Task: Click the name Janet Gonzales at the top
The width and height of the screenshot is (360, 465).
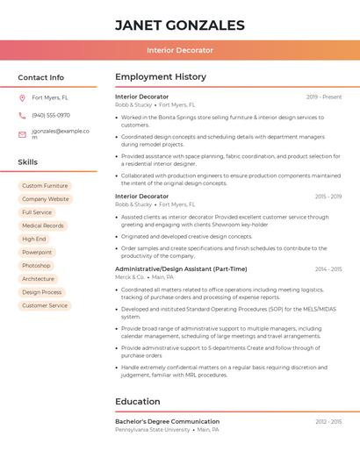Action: point(179,25)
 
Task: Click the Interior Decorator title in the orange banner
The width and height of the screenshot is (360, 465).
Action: point(179,50)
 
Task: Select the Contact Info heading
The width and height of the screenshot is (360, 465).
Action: point(40,77)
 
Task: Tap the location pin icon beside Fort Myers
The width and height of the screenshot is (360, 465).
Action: point(22,98)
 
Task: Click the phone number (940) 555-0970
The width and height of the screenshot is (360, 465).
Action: point(51,115)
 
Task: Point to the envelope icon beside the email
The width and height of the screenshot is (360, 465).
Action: point(22,133)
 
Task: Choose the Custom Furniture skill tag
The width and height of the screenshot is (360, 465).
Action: point(45,186)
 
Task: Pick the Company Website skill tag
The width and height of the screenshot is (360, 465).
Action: point(46,199)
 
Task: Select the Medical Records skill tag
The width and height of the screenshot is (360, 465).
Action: point(42,225)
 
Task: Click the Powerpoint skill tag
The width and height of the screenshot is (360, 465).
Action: point(37,252)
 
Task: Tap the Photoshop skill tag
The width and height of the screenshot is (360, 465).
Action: point(36,265)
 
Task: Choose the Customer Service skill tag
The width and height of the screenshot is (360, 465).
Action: point(45,305)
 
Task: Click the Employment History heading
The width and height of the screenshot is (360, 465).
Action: point(161,77)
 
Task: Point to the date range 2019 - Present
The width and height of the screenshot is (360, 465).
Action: point(324,97)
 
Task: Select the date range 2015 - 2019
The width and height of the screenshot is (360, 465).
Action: point(328,197)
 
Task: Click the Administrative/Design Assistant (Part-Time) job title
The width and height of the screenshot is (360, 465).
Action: point(181,268)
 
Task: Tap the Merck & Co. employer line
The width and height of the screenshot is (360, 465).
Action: point(129,276)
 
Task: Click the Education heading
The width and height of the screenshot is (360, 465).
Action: point(138,402)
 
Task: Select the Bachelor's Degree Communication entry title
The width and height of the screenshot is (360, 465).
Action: point(167,422)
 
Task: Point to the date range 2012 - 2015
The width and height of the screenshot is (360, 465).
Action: point(328,422)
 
